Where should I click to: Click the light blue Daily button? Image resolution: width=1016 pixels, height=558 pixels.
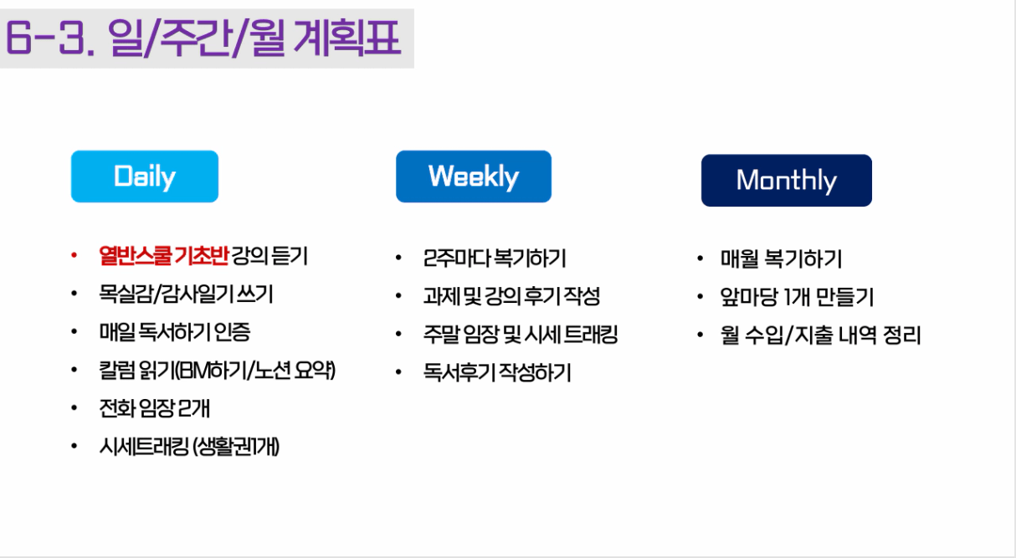[145, 177]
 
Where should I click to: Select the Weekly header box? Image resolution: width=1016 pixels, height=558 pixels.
[474, 177]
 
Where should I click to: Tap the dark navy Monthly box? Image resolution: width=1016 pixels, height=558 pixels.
[787, 181]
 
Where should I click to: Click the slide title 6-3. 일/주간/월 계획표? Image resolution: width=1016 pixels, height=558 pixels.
[203, 38]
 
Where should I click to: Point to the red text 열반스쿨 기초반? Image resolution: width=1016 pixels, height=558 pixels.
[164, 256]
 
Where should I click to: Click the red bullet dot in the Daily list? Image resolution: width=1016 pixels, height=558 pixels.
[74, 256]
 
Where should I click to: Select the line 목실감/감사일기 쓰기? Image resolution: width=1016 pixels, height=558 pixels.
[186, 294]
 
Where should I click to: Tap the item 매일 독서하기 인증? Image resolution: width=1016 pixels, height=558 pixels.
[175, 332]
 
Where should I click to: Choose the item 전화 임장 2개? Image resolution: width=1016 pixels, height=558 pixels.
[154, 408]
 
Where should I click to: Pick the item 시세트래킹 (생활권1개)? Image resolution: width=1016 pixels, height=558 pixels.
[189, 447]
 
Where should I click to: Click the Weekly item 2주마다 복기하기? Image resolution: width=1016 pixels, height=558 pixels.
[495, 259]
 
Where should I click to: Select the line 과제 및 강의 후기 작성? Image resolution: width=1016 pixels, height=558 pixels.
[511, 296]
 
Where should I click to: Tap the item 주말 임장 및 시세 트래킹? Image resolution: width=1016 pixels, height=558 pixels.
[521, 335]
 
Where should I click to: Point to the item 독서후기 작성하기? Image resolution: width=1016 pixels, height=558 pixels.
[496, 372]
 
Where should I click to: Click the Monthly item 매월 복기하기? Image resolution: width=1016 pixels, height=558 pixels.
[781, 259]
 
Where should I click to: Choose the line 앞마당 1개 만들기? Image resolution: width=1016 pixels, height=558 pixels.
[797, 297]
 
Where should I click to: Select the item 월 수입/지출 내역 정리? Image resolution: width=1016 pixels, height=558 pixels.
[820, 335]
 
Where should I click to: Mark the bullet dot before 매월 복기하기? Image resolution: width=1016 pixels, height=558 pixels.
[700, 259]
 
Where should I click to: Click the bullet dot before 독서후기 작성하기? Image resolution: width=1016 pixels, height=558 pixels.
[398, 372]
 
